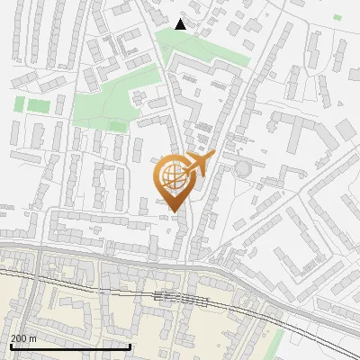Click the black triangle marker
coord(181,24)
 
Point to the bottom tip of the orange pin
coord(173,212)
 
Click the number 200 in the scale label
coord(20,338)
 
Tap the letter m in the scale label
coord(33,338)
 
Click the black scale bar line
coord(69,346)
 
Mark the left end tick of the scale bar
coord(10,345)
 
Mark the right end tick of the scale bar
coord(130,345)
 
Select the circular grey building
coord(242,168)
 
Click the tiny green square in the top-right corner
coord(337,17)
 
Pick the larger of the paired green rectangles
coord(38,105)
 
